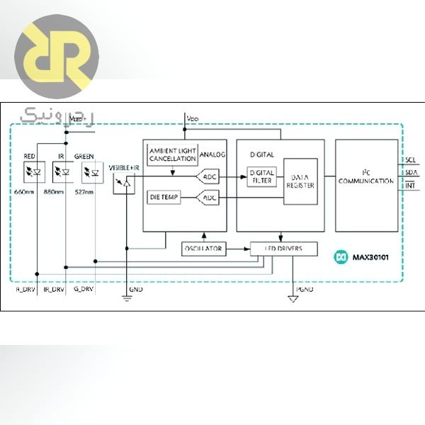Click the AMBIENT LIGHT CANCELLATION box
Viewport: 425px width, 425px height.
point(171,154)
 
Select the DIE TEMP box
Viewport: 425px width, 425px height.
point(164,197)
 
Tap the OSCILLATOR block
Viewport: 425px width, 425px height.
point(203,249)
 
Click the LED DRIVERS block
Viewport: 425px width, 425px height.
point(284,249)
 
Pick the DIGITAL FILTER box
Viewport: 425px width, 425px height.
point(261,176)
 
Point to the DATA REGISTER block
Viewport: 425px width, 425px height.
point(300,181)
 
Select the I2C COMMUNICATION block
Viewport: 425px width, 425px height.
point(366,181)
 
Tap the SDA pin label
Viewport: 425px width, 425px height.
point(412,172)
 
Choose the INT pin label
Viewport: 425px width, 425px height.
point(411,186)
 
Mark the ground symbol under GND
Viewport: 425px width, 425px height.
point(127,298)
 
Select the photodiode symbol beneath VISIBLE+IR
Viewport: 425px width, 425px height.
point(125,184)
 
